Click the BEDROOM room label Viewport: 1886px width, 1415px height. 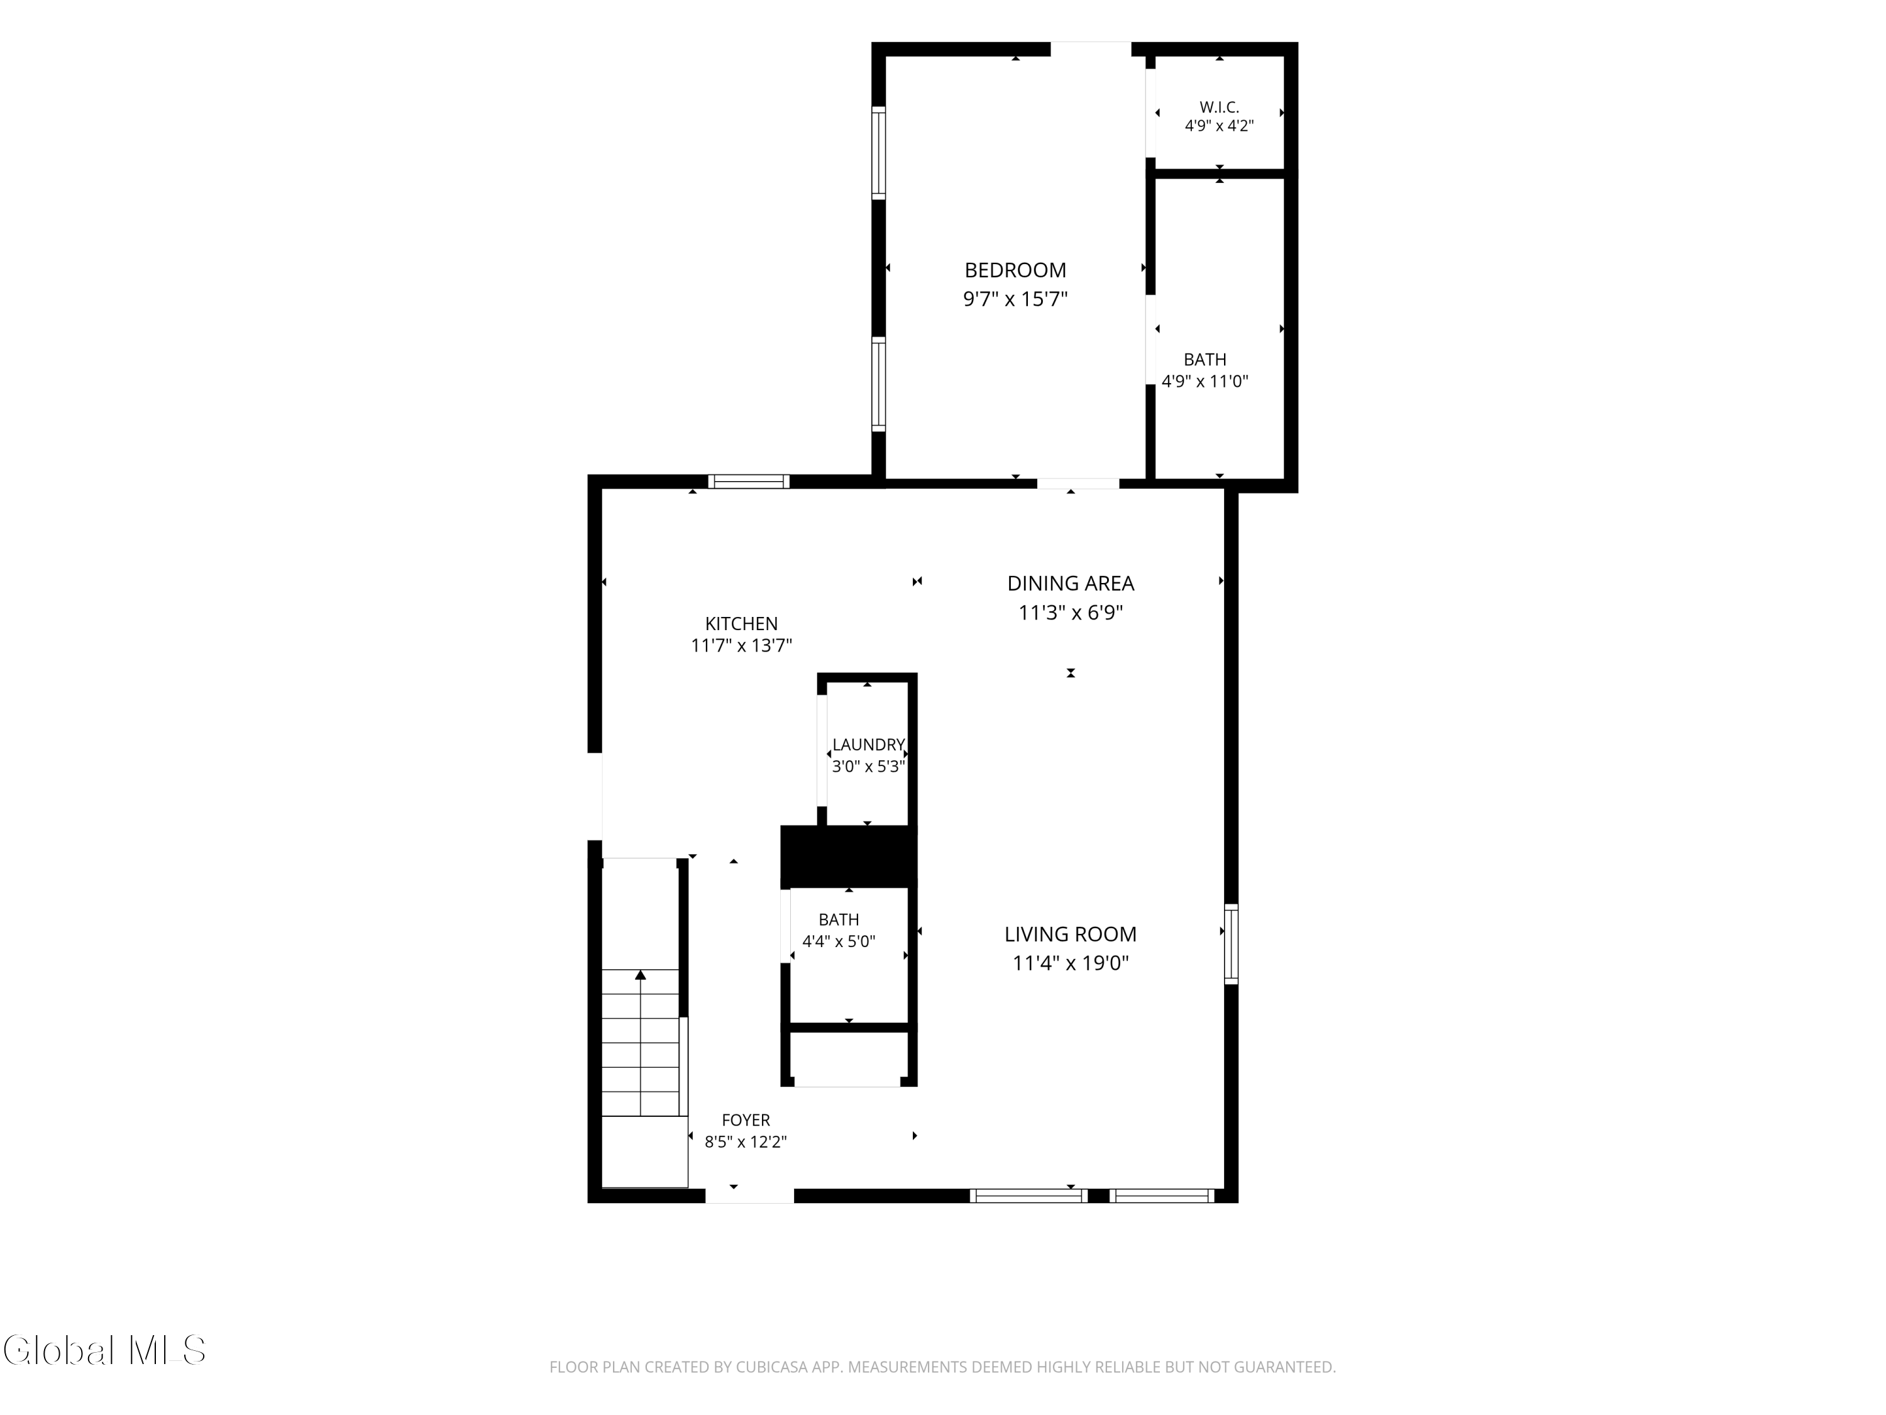coord(1015,270)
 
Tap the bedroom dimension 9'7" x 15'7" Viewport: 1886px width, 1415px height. coord(1015,299)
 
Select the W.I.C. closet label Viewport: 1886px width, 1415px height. coord(1219,108)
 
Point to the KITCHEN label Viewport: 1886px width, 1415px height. coord(741,624)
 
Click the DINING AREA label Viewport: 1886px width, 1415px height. coord(1071,584)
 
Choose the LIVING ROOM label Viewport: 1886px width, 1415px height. coord(1071,934)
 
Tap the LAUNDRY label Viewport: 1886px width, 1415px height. coord(868,745)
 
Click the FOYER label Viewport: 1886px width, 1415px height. coord(746,1120)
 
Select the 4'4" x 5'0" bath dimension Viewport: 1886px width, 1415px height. coord(839,941)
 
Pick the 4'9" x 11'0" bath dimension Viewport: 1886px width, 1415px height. coord(1205,381)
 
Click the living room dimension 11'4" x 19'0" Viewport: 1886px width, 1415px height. coord(1071,963)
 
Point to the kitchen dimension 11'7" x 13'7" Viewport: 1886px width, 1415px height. coord(741,646)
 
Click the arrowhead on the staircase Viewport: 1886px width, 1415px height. coord(641,974)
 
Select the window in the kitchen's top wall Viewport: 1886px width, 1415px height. coord(749,481)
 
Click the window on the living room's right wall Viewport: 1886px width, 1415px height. coord(1231,944)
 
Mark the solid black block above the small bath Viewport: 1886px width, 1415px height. coord(848,857)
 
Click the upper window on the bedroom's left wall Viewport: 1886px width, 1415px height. coord(878,153)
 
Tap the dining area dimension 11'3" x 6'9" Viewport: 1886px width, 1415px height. coord(1071,613)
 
